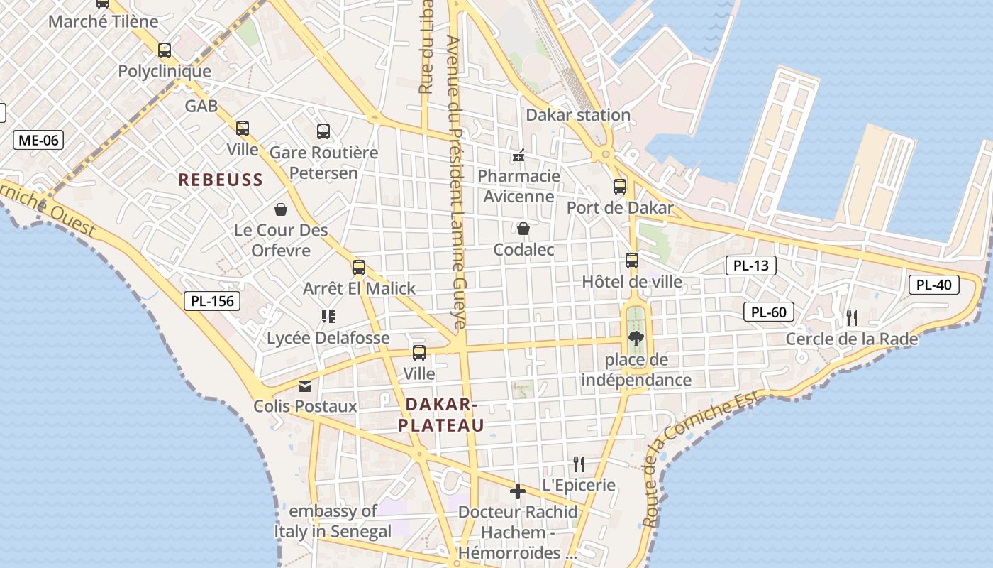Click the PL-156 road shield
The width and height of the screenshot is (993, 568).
(x=212, y=301)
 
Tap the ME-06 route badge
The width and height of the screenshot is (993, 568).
(x=38, y=140)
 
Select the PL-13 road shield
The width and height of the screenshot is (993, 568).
(x=751, y=266)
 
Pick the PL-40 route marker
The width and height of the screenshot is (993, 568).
(x=934, y=285)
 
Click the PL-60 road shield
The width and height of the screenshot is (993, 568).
(x=769, y=312)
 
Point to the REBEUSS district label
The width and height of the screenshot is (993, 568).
(x=221, y=180)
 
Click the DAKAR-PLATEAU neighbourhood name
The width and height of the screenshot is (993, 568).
(x=440, y=415)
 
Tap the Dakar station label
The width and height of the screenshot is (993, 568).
(x=578, y=115)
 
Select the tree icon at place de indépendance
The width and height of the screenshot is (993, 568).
(x=636, y=339)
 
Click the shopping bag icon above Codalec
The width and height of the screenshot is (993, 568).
(x=523, y=229)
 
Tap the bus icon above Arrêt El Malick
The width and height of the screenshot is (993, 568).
(x=359, y=268)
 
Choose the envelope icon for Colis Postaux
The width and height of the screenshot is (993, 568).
(x=305, y=386)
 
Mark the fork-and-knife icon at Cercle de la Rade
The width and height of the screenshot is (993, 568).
(x=852, y=318)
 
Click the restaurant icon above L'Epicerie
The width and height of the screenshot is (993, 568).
(x=579, y=464)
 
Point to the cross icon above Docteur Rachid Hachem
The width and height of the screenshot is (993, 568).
(x=518, y=491)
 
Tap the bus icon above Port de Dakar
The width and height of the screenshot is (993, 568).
(x=620, y=187)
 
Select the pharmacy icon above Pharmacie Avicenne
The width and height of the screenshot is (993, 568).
(x=518, y=155)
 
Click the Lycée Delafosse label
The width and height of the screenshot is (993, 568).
(x=328, y=338)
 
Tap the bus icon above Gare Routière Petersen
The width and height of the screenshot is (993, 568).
(x=323, y=131)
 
